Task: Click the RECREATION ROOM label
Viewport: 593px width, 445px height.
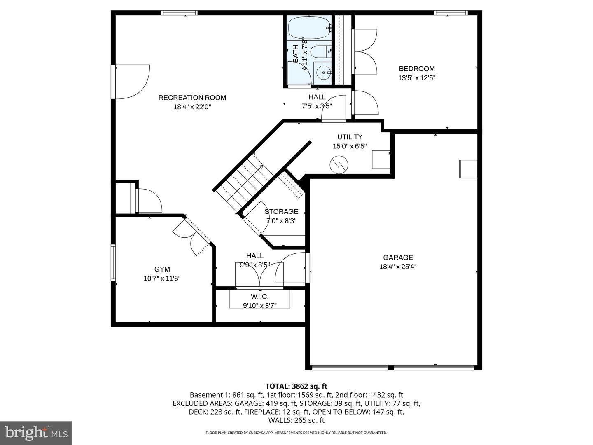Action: click(192, 98)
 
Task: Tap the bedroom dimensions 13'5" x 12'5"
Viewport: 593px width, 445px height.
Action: click(417, 77)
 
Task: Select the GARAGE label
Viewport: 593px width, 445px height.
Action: click(398, 258)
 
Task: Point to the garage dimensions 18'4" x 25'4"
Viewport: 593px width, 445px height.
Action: click(398, 267)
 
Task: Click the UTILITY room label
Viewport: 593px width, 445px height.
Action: click(350, 137)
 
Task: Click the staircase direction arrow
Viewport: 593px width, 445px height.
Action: click(260, 167)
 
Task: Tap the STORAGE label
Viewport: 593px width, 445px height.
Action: click(281, 212)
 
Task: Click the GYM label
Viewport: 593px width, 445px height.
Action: click(162, 269)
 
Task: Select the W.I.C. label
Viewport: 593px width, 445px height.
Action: click(259, 297)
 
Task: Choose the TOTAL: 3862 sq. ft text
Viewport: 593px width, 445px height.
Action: click(296, 386)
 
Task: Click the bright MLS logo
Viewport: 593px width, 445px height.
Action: click(36, 433)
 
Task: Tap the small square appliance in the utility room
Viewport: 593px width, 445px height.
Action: click(381, 159)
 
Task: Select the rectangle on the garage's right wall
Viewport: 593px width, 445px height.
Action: click(468, 169)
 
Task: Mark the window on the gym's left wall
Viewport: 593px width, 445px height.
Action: click(113, 263)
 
